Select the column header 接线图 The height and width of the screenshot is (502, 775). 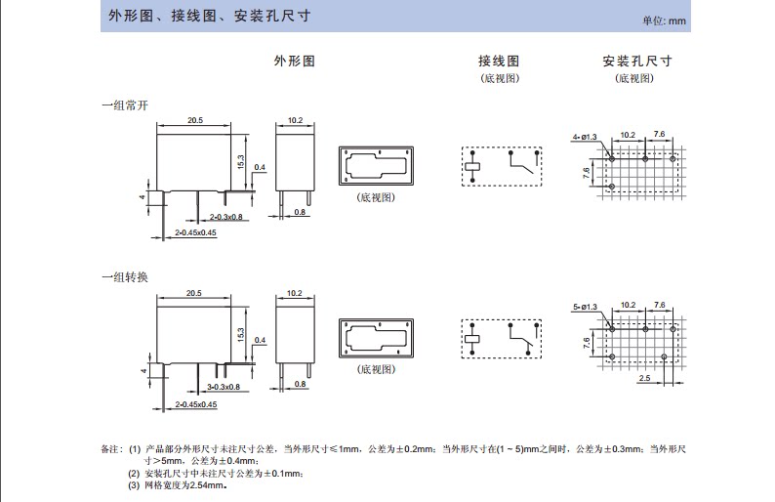(x=499, y=61)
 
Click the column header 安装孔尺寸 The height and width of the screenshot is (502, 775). (x=637, y=61)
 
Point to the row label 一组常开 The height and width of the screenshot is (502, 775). (x=124, y=105)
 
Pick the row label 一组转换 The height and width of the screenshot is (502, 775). (x=124, y=277)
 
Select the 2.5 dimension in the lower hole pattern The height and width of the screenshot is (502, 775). (x=644, y=377)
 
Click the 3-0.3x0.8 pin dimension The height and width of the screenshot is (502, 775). (x=224, y=388)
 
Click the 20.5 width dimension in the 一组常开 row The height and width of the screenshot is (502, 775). (x=194, y=121)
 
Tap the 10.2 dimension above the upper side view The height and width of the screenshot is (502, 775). (x=296, y=121)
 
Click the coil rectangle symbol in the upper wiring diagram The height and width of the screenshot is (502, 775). (x=472, y=167)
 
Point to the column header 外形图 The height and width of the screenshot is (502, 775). (x=294, y=61)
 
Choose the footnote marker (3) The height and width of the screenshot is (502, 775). (x=134, y=484)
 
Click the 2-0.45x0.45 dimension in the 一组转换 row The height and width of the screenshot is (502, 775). (x=195, y=404)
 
